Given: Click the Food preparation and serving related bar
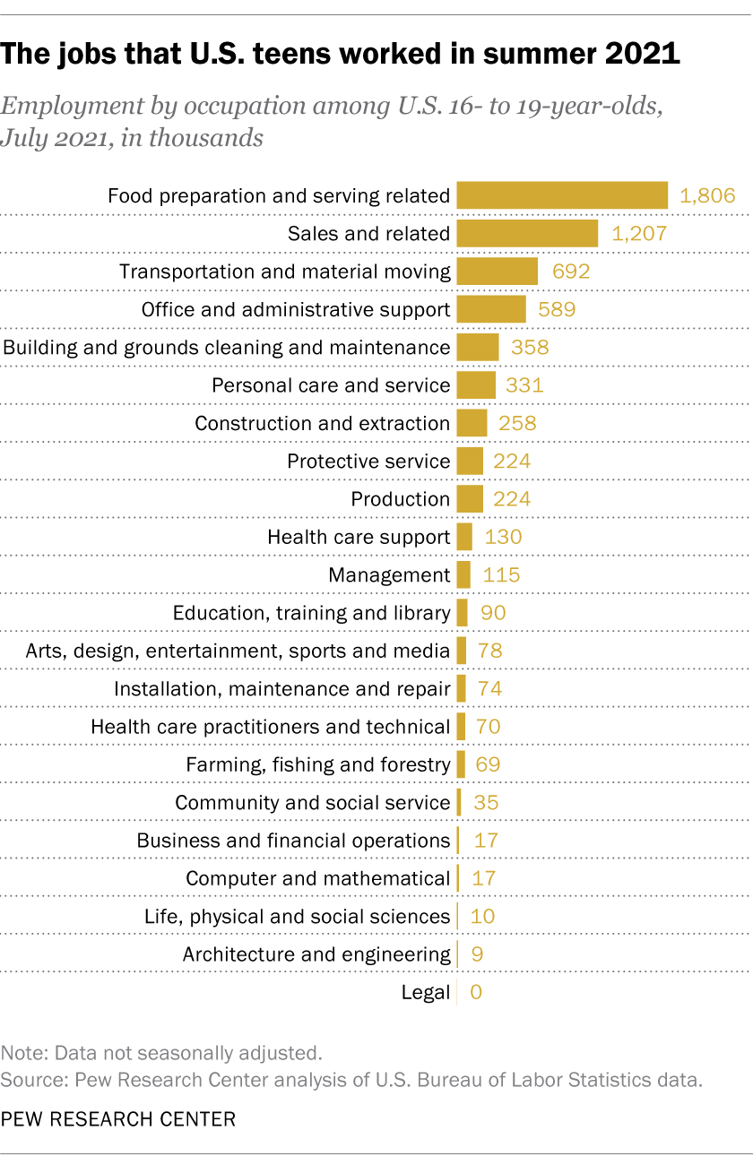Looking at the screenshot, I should pyautogui.click(x=562, y=195).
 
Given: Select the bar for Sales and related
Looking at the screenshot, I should pyautogui.click(x=527, y=234).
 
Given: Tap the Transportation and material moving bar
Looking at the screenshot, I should pyautogui.click(x=497, y=272).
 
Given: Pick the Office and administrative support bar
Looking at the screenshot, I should pyautogui.click(x=490, y=310).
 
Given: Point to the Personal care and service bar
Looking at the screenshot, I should pyautogui.click(x=475, y=385).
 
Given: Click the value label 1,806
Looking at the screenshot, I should pyautogui.click(x=707, y=195).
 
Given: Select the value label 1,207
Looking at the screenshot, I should pyautogui.click(x=639, y=234).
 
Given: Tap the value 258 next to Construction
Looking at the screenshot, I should pyautogui.click(x=517, y=423).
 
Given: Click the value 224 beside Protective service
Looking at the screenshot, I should pyautogui.click(x=512, y=462).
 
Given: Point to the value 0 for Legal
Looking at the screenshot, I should pyautogui.click(x=476, y=992).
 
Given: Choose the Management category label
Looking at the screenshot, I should pyautogui.click(x=389, y=575).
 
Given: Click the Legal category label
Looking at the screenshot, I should pyautogui.click(x=426, y=992).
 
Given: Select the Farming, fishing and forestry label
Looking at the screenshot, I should pyautogui.click(x=317, y=764).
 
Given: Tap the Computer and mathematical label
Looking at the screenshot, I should pyautogui.click(x=317, y=878).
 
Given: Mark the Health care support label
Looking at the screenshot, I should pyautogui.click(x=359, y=537).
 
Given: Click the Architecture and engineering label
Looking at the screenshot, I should pyautogui.click(x=316, y=954).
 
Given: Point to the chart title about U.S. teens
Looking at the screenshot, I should pyautogui.click(x=340, y=55).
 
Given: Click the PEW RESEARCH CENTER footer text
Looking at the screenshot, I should pyautogui.click(x=118, y=1119).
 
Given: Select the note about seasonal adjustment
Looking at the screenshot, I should pyautogui.click(x=161, y=1052).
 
